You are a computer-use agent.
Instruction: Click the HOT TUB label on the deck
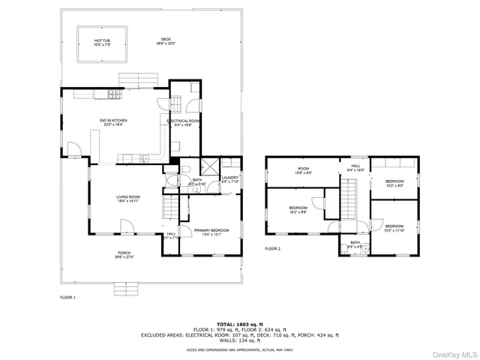(x=103, y=42)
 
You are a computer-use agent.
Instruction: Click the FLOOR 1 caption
(x=68, y=298)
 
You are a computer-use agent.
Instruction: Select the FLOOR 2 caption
(x=272, y=248)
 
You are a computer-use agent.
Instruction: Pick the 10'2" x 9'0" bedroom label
(x=394, y=183)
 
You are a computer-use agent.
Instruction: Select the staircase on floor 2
(x=349, y=199)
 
